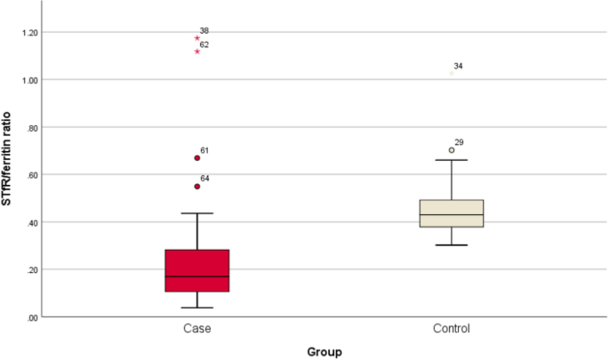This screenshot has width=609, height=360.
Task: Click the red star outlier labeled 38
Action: coord(197,38)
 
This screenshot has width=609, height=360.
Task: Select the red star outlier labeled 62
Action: coord(197,52)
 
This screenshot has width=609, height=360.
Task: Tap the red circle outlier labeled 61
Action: coord(197,158)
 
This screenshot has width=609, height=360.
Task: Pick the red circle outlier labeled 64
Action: coord(197,187)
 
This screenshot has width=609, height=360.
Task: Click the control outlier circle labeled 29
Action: coord(452,150)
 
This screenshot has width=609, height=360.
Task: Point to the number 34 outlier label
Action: coord(458,67)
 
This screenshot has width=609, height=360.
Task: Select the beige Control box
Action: coord(452,213)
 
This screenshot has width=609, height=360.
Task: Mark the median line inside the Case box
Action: coord(197,276)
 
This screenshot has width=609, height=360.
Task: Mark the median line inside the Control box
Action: coord(452,215)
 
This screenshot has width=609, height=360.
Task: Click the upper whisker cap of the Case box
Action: coord(197,213)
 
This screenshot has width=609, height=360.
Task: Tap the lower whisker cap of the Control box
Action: coord(452,244)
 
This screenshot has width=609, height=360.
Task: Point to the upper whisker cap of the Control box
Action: coord(452,160)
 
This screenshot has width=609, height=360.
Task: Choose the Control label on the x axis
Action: coord(452,329)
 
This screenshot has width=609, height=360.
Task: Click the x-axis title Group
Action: coord(325,351)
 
